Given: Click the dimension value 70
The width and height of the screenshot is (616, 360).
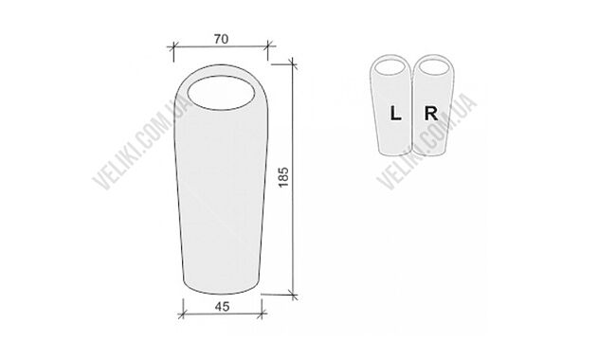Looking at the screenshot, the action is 221,39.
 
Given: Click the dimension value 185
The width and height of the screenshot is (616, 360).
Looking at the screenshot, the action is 283,177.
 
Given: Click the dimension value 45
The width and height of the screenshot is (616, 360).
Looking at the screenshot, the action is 222,306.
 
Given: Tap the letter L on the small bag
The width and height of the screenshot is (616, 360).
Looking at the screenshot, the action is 395,114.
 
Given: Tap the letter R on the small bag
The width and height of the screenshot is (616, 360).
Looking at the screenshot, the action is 431,114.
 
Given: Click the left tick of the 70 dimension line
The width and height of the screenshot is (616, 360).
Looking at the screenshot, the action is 173,47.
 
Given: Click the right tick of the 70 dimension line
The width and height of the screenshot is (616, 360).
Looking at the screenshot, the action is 268,45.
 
